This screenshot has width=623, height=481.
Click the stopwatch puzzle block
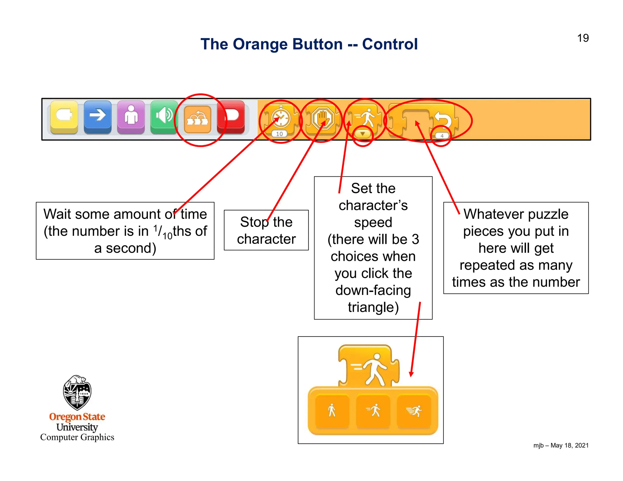coord(280,118)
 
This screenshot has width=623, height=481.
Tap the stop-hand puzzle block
coord(322,119)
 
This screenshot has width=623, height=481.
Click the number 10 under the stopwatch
coord(280,134)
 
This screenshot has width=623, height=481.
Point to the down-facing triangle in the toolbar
coord(363,134)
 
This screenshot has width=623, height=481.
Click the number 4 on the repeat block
coord(442,136)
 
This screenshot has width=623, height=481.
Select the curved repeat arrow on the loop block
coord(443,119)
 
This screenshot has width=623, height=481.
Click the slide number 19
coord(583,38)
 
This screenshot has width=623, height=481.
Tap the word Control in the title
coord(390,44)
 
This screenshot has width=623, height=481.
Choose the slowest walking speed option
coord(332,410)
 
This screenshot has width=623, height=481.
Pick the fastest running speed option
coord(414,410)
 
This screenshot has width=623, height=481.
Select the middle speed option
coord(373,410)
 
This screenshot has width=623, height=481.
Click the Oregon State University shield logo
coord(77,392)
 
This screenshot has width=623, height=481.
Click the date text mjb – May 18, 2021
coord(561,445)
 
